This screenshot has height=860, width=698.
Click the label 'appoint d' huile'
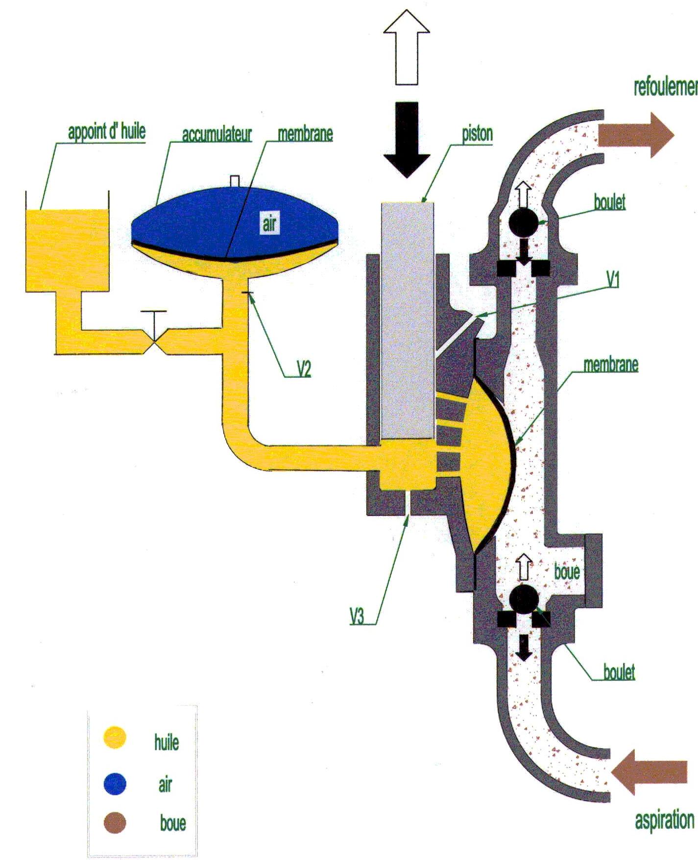click(106, 132)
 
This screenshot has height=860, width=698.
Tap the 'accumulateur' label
click(217, 134)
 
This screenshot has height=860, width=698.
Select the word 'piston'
click(477, 133)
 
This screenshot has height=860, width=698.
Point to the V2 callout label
click(304, 369)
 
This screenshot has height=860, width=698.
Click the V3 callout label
click(357, 616)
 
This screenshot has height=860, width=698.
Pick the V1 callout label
click(613, 280)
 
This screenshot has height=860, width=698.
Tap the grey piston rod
click(407, 319)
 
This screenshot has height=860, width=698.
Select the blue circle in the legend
click(115, 784)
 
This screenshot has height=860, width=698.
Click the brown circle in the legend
click(115, 823)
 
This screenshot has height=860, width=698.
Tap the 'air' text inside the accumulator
click(269, 225)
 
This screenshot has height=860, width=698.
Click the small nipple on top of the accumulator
click(235, 181)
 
